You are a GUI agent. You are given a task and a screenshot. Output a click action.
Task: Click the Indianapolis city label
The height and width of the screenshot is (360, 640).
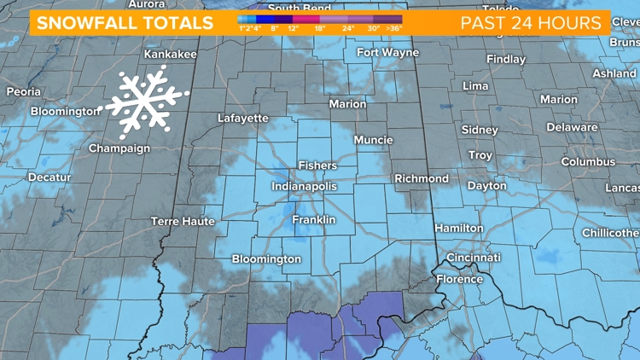point(304,186)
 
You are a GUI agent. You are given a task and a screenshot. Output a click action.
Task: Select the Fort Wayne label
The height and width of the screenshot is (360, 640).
point(387,53)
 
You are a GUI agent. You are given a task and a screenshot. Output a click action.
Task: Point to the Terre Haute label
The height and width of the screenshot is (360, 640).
point(183,221)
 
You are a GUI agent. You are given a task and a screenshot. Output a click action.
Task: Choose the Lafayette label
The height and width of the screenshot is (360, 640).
point(242,119)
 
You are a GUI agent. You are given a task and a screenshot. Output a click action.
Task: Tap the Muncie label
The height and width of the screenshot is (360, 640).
point(374,140)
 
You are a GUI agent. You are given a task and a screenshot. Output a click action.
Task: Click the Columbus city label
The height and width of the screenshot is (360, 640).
point(587,162)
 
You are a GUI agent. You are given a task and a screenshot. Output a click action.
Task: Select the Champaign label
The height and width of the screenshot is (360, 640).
point(119,148)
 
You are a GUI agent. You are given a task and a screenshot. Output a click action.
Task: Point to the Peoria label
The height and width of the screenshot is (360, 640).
point(23,91)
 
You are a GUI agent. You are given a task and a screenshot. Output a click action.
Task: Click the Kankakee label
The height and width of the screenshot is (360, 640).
point(170,54)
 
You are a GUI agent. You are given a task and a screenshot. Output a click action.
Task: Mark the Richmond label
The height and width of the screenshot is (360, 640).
point(421,179)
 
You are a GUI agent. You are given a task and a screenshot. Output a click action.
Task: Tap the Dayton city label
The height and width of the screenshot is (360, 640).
point(486,186)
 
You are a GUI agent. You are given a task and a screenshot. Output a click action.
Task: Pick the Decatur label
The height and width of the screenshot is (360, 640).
point(49,177)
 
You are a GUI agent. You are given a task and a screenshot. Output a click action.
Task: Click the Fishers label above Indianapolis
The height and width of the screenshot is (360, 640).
point(317,165)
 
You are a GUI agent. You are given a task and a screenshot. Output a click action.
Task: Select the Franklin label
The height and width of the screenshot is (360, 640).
point(313,220)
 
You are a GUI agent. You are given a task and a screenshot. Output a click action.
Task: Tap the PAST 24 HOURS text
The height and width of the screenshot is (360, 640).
point(531,23)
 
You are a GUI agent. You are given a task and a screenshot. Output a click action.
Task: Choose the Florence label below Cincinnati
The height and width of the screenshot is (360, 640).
point(459,279)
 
